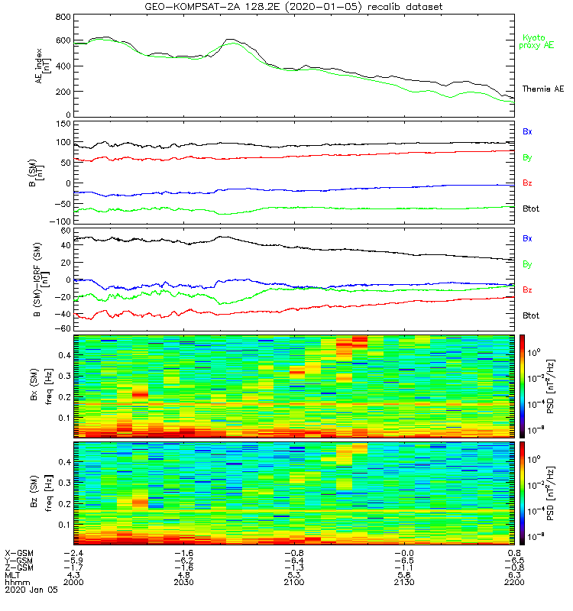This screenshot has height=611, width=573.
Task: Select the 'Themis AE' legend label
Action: pos(542,89)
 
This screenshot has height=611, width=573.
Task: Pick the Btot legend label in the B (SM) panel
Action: pos(532,208)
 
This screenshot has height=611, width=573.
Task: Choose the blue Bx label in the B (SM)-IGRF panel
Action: pos(527,238)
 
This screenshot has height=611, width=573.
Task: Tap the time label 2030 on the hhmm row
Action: pos(183,582)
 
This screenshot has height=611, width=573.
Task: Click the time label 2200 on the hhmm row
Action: pos(514,582)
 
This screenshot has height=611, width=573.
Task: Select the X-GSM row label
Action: pos(19,551)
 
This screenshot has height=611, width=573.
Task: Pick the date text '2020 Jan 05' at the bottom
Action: pos(30,590)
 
